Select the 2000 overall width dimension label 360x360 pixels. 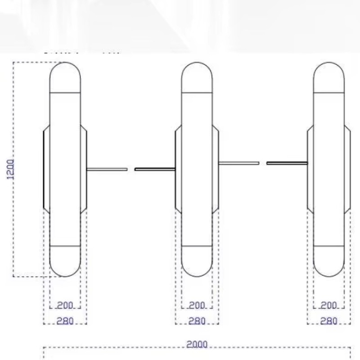(x=197, y=344)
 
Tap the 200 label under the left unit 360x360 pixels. (x=65, y=305)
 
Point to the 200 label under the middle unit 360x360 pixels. (x=197, y=305)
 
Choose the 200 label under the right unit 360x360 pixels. (x=329, y=305)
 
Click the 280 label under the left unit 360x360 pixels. (x=65, y=321)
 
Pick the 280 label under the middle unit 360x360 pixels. (x=197, y=321)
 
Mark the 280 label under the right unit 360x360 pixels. (x=329, y=321)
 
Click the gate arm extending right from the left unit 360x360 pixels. (x=107, y=169)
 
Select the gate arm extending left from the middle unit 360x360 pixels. (x=155, y=169)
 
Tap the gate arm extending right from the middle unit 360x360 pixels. (x=239, y=163)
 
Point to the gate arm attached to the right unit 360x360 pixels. (x=287, y=163)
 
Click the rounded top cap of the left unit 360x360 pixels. (x=65, y=77)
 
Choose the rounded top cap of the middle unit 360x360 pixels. (x=197, y=77)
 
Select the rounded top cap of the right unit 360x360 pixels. (x=328, y=77)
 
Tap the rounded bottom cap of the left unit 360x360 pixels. (x=65, y=261)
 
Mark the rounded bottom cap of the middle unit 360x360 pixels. (x=197, y=261)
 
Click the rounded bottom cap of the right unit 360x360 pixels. (x=328, y=261)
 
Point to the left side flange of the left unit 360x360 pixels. (x=46, y=170)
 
